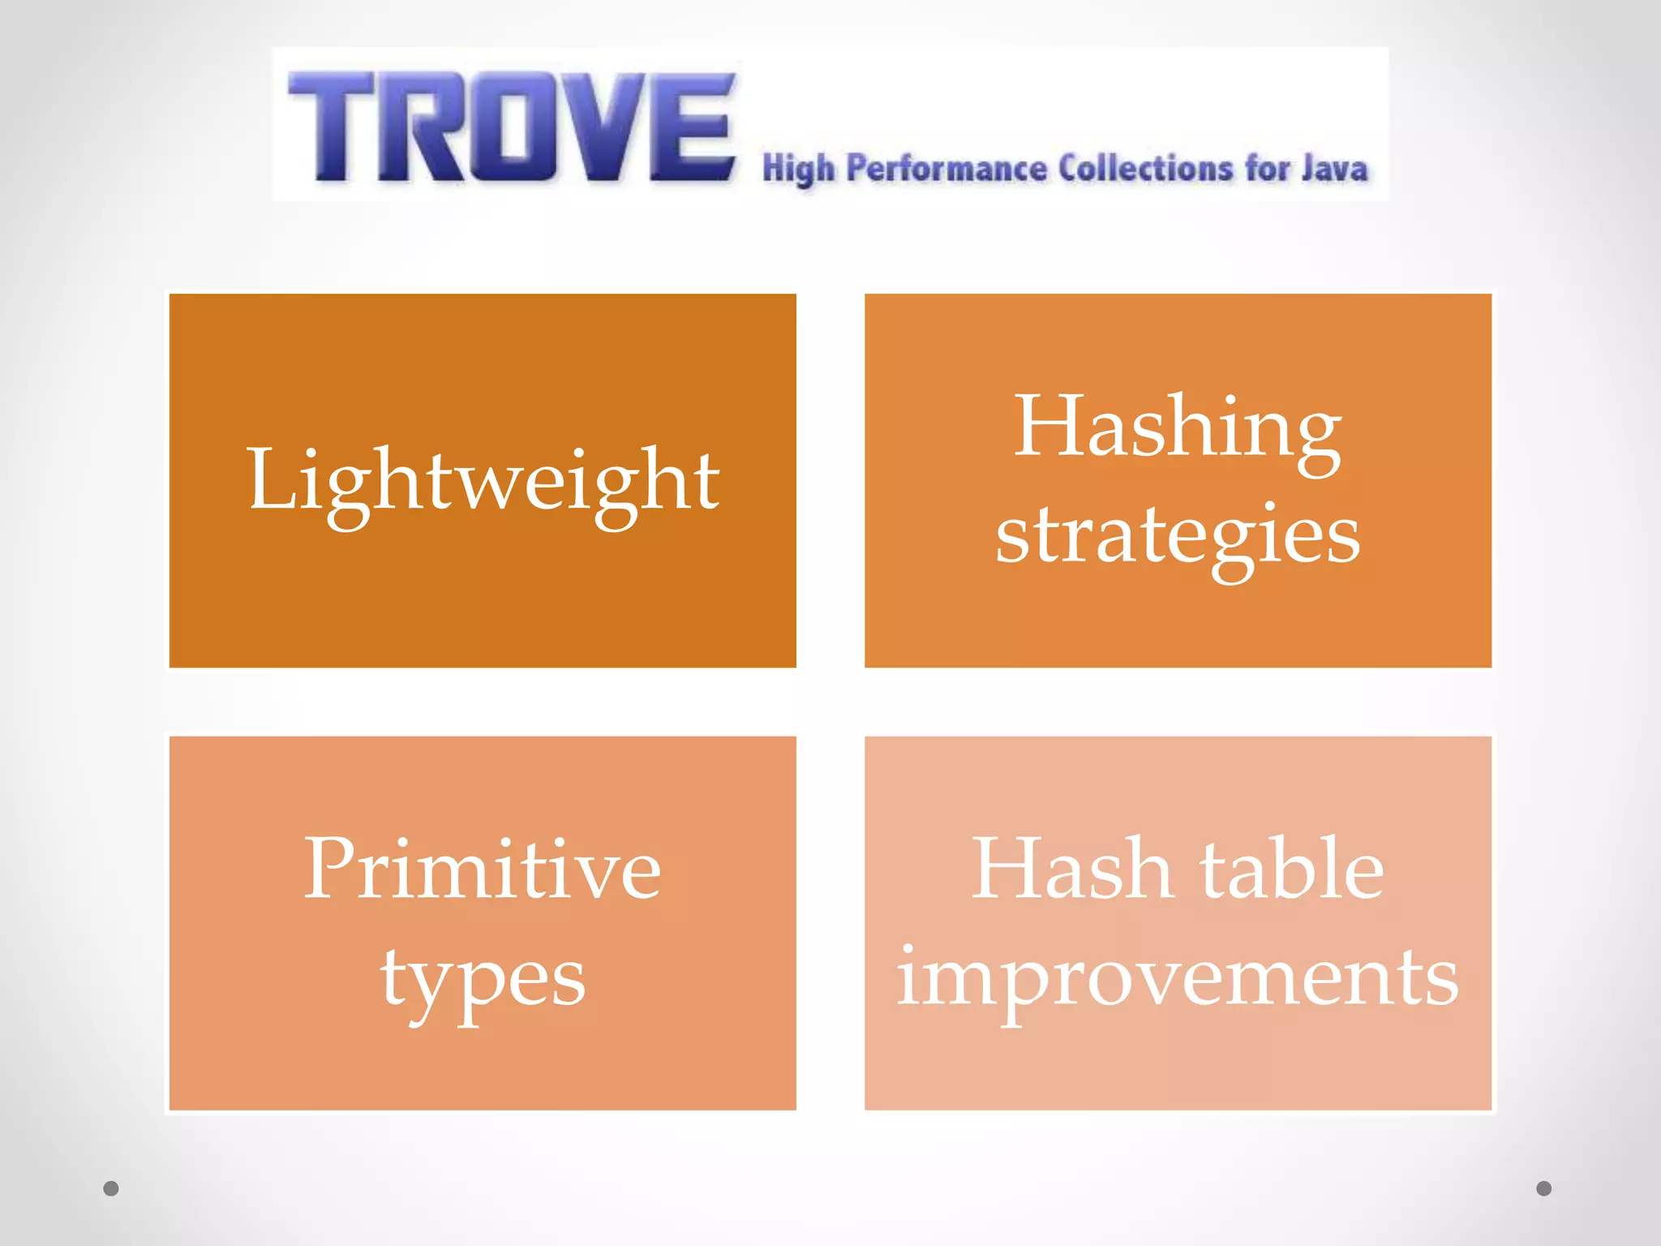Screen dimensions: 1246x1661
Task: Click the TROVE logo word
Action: pos(511,126)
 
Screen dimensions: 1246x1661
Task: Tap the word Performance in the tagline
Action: pos(946,169)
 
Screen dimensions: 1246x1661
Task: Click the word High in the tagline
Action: pos(798,169)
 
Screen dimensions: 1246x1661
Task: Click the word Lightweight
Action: pos(483,482)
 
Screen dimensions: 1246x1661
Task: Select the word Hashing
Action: pos(1177,428)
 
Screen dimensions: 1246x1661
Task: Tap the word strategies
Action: pos(1178,535)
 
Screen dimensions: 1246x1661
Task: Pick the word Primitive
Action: pos(483,870)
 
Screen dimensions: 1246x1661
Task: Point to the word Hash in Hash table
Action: pos(1071,870)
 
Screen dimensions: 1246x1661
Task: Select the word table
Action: pos(1291,870)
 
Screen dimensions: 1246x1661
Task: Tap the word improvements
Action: pos(1178,978)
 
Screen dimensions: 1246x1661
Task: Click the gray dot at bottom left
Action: pos(111,1188)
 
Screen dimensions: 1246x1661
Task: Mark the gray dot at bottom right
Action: pos(1544,1188)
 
